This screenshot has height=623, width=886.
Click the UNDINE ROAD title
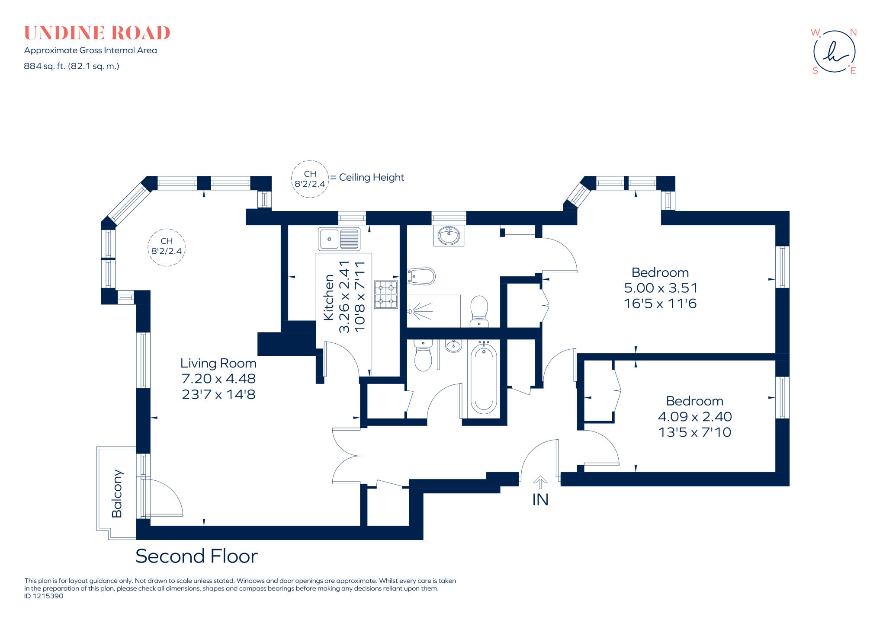coord(97,33)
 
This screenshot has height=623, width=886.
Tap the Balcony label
coord(117,493)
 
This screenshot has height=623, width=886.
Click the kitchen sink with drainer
coord(339,239)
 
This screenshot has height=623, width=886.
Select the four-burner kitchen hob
coord(385,294)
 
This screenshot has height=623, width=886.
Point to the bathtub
coord(483,378)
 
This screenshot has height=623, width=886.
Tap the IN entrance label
coord(540,500)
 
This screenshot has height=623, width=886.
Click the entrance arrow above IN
coord(540,482)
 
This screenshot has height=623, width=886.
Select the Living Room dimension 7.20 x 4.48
coord(218,379)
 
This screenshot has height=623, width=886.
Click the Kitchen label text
coord(329,297)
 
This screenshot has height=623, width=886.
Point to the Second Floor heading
coord(196,556)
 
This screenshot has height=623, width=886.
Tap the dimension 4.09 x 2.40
coord(694,417)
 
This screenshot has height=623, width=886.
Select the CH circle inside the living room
coord(167,247)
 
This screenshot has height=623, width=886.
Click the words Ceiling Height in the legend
coord(371,177)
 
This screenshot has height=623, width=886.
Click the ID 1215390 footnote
coord(44,596)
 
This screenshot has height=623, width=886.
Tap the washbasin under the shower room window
coord(449,236)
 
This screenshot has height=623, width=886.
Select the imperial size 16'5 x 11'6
coord(660,304)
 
